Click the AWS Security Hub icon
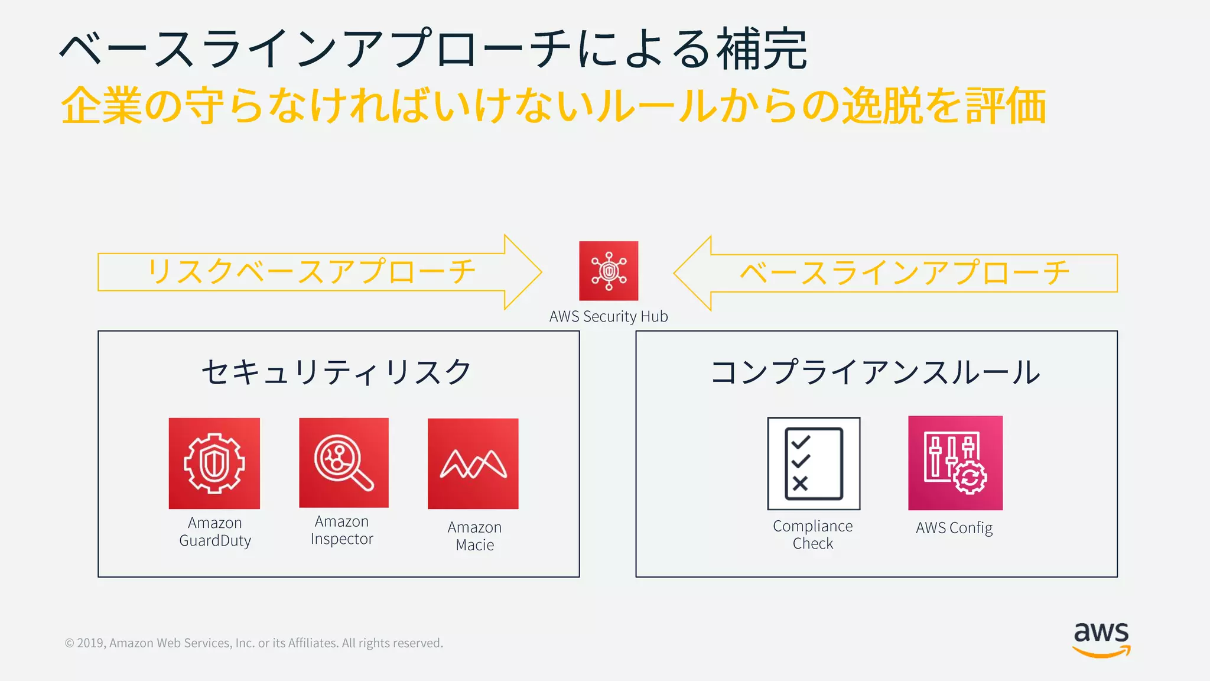coord(609,271)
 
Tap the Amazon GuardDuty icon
coord(214,463)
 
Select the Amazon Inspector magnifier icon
coord(344,463)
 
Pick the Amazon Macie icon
coord(473,464)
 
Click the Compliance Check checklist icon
coord(814,463)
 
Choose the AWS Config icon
coord(955,463)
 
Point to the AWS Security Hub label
coord(609,316)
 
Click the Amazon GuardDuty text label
coord(215,532)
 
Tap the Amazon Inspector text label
coord(342,530)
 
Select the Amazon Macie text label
coord(475,536)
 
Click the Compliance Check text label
coord(813,534)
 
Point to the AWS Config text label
coord(954,527)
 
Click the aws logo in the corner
coord(1101,639)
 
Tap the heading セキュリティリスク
coord(337,372)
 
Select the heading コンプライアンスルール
coord(876,372)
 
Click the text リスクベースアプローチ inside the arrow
coord(311,272)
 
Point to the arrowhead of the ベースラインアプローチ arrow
coord(691,273)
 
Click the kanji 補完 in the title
coord(762,49)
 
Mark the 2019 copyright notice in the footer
coord(253,643)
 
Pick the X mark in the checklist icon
coord(800,484)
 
